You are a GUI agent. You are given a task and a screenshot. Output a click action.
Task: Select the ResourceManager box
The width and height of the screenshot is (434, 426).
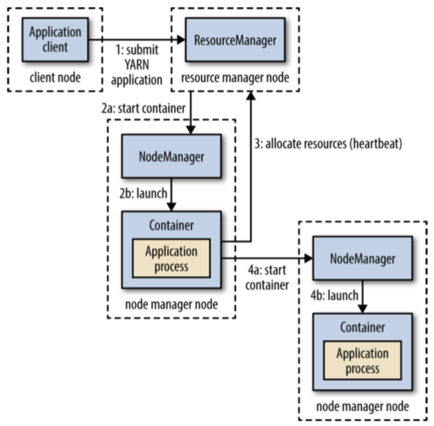tap(235, 40)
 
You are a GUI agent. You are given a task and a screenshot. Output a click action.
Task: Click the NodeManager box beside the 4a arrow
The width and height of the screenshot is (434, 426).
tap(362, 259)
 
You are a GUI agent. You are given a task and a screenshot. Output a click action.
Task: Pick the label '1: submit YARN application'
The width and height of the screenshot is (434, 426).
tap(136, 66)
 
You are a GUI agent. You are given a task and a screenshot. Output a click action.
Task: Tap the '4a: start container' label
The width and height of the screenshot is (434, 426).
tap(266, 278)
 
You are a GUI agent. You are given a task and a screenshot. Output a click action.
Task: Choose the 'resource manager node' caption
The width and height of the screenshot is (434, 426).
tap(235, 78)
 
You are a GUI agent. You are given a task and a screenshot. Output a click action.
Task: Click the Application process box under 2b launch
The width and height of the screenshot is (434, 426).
tap(171, 259)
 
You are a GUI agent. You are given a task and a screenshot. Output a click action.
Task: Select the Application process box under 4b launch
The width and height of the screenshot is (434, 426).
tap(362, 361)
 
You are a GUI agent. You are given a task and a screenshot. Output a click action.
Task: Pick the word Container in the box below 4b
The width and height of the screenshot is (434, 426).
tap(362, 328)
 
